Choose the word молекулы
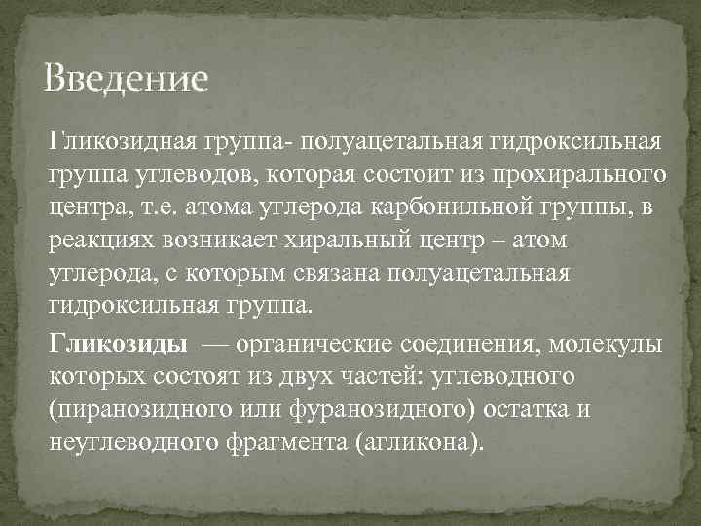610,345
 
